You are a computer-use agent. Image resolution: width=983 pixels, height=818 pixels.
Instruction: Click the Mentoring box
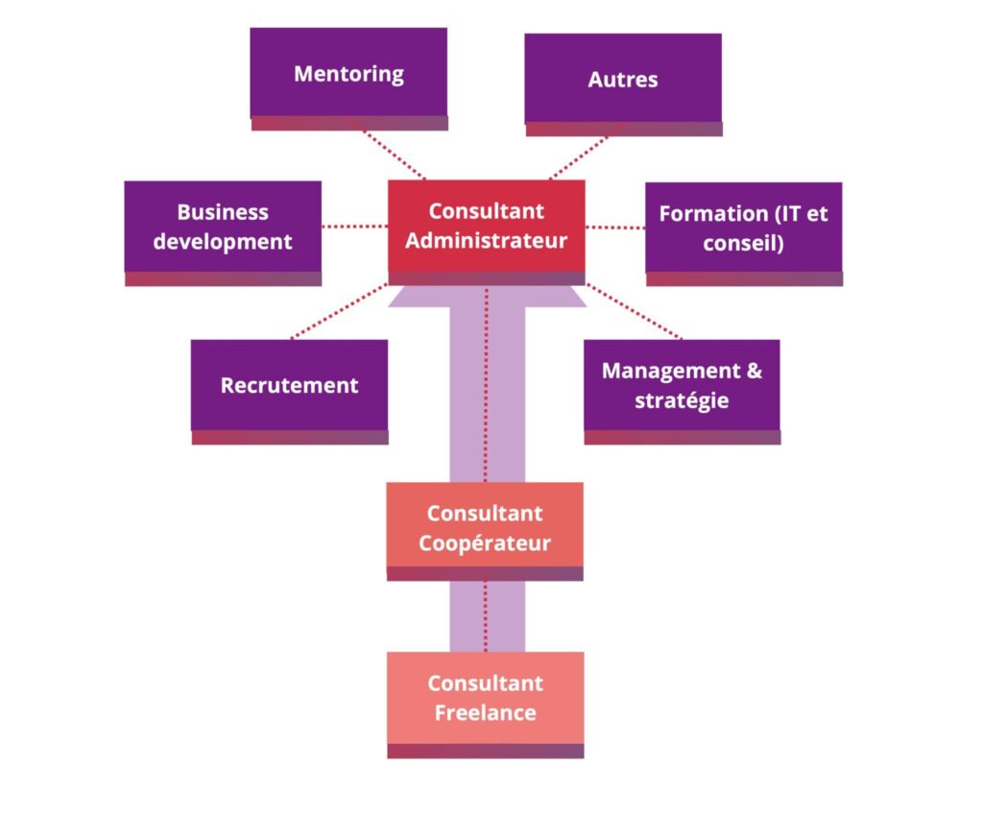coord(348,74)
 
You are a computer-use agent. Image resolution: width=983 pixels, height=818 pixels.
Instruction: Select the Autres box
coord(623,79)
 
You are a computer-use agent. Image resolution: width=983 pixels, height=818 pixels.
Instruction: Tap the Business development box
coord(223,227)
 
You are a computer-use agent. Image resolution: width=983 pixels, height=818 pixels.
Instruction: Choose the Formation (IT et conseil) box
coord(743,228)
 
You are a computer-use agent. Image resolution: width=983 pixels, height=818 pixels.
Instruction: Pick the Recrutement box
coord(289,385)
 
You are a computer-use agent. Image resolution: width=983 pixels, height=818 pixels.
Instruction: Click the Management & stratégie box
coord(682,384)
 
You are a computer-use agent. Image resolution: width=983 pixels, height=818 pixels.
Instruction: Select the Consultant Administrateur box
coord(486,226)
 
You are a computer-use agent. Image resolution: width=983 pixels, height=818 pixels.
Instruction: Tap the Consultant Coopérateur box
coord(485,528)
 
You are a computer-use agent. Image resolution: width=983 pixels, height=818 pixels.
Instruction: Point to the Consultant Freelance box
coord(485,698)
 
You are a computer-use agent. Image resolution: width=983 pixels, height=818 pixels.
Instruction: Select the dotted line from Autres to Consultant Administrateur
coord(582,154)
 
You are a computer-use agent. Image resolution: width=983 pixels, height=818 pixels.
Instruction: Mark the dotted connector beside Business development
coord(354,227)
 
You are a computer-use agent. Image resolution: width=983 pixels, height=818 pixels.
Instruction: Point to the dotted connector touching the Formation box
coord(614,228)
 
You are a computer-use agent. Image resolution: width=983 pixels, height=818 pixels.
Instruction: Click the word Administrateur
coord(486,240)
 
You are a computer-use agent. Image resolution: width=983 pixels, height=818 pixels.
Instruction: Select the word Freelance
coord(485,713)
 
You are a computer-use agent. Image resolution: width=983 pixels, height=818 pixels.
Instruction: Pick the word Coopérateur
coord(485,543)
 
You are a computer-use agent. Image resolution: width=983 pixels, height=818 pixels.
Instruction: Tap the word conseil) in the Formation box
coord(743,244)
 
